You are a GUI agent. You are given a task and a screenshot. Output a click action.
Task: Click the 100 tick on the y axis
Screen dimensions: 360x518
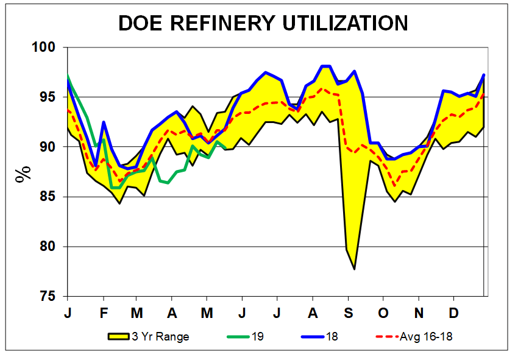pos(46,48)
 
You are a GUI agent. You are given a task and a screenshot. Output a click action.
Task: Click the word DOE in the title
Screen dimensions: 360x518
pos(143,23)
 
